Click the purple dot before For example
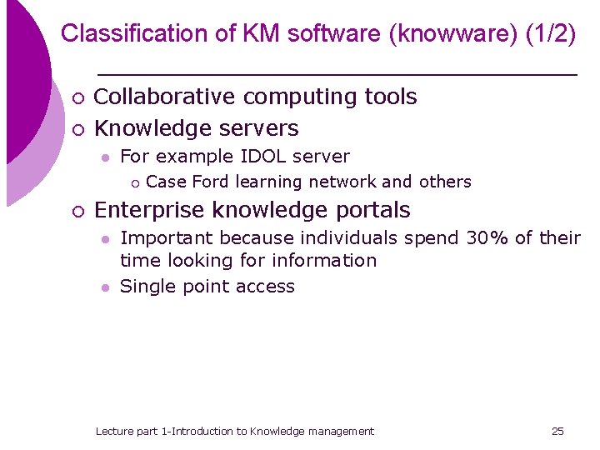(x=104, y=157)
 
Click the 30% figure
(x=487, y=238)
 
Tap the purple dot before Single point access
(x=104, y=287)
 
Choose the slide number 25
(x=558, y=431)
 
